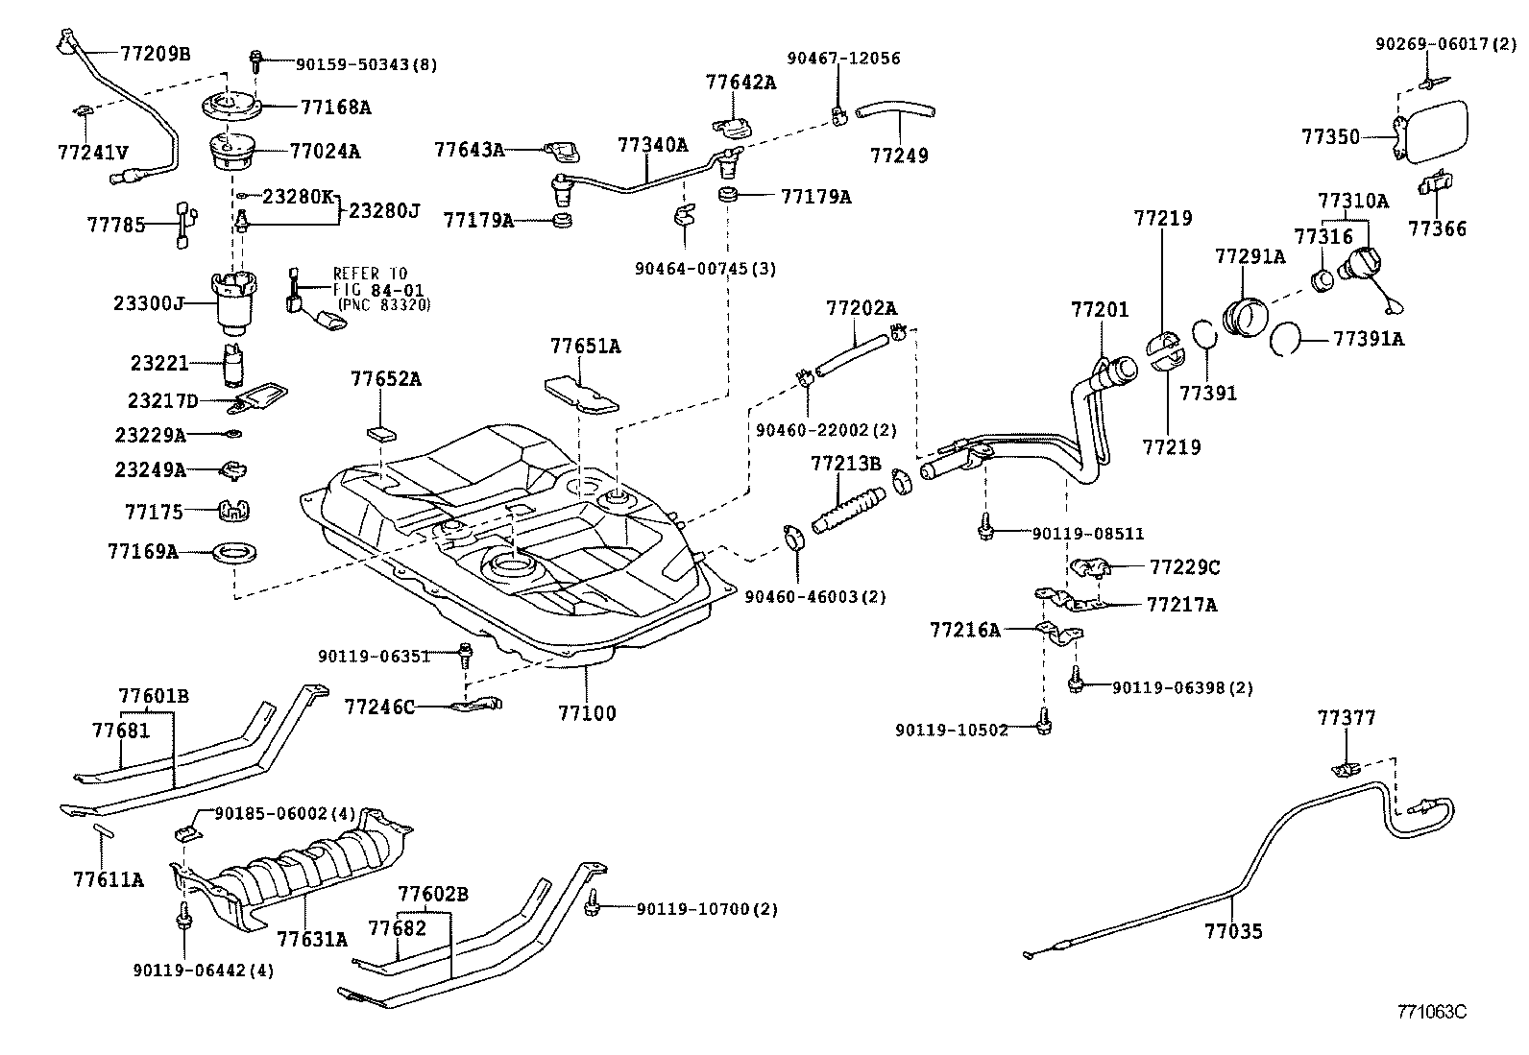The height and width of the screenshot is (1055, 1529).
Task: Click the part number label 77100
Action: point(587,713)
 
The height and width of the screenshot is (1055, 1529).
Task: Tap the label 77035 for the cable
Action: point(1234,930)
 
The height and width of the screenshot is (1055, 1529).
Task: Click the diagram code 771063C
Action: point(1432,1011)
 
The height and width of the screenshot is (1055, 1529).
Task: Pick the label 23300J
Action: point(149,303)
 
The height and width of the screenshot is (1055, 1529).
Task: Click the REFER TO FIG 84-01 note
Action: point(380,289)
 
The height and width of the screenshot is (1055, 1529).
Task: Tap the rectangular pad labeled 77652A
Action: point(382,429)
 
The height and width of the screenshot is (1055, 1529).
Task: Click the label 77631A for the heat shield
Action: point(311,938)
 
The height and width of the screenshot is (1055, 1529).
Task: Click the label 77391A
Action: point(1368,339)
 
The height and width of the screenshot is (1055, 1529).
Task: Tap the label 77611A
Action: point(108,878)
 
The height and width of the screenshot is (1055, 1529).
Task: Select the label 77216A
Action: point(964,630)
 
